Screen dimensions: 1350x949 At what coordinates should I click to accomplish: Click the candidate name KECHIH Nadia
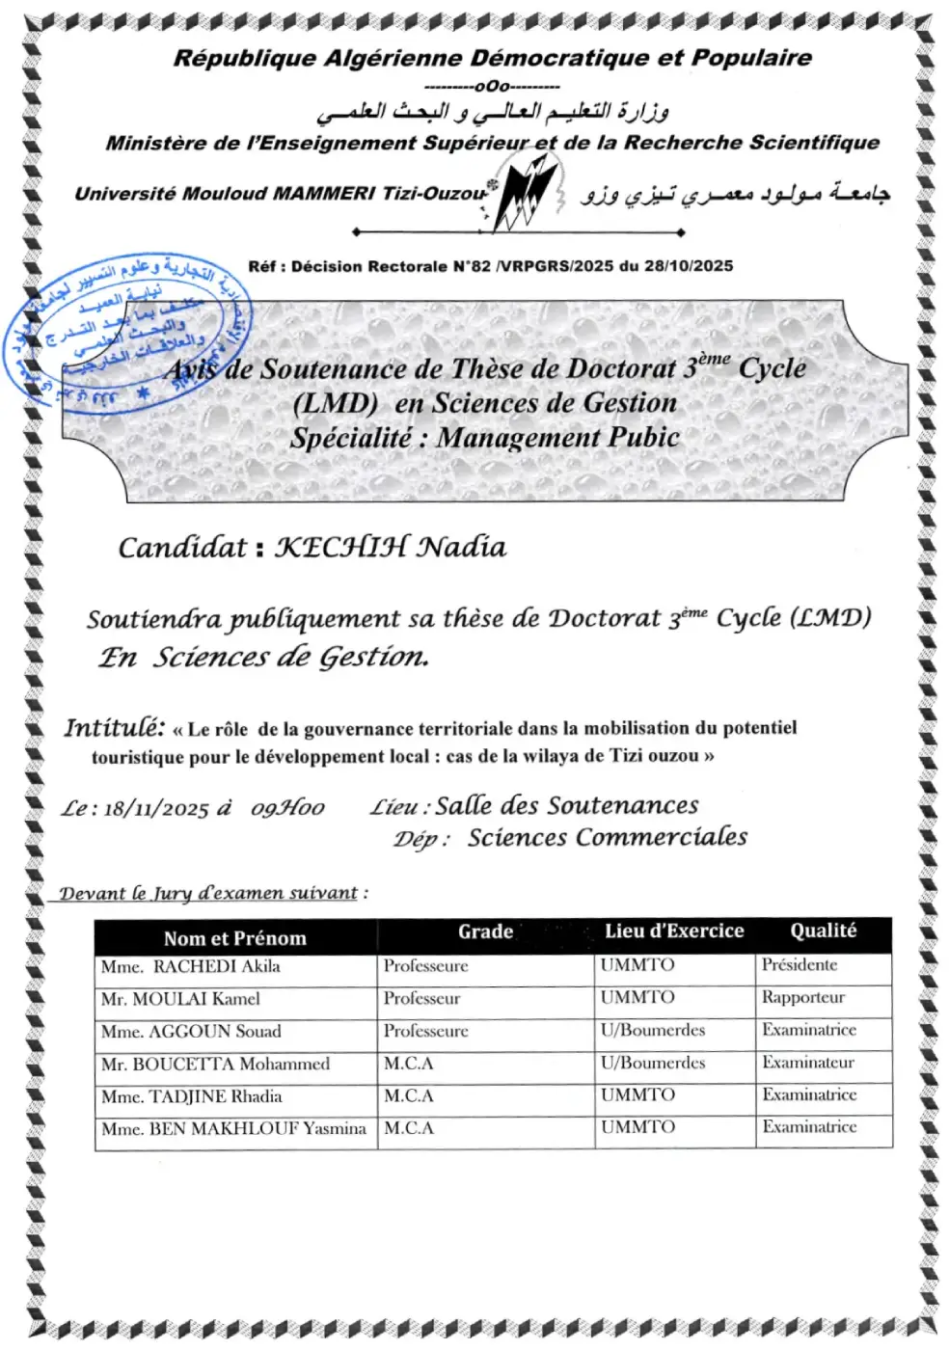coord(390,548)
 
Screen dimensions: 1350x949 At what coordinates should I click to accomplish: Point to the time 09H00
coord(287,808)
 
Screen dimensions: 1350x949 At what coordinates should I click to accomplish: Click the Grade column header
coord(485,932)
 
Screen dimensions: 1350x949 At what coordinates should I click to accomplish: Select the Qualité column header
coord(823,931)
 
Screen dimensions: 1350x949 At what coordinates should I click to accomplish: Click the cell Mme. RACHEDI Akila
coord(191,967)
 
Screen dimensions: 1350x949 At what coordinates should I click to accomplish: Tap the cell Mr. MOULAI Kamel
coord(180,1000)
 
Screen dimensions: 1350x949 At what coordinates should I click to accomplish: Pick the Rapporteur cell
coord(802,998)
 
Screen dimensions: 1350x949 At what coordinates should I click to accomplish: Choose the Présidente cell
coord(800,965)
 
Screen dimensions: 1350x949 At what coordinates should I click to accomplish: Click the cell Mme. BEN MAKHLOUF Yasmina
coord(233,1129)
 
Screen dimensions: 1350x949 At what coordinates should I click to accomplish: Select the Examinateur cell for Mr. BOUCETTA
coord(808,1063)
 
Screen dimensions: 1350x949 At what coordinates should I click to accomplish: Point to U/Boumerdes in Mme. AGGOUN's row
coord(653,1031)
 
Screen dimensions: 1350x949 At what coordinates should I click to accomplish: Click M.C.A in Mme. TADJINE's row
coord(409,1096)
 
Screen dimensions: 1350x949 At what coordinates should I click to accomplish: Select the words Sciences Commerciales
coord(608,837)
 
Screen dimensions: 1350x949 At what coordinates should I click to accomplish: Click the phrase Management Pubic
coord(558,438)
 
